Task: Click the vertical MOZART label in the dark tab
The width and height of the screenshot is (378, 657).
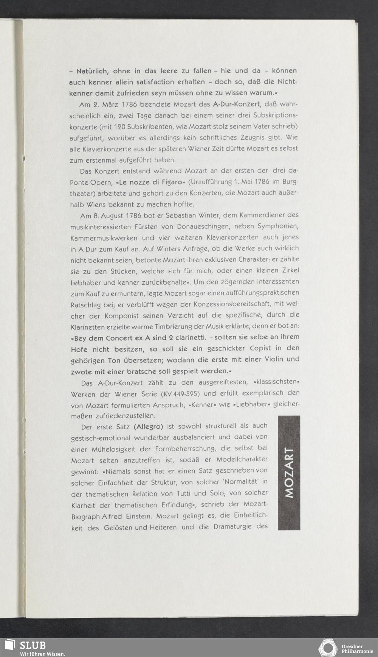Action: (x=289, y=473)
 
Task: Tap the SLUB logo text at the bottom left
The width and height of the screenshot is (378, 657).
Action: (x=33, y=645)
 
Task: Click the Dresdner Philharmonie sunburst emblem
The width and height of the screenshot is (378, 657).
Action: (x=328, y=648)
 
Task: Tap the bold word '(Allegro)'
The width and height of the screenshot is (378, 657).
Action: (x=148, y=427)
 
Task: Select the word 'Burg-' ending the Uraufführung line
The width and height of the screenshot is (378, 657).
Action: (x=290, y=182)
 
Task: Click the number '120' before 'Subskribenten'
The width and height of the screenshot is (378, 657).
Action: (x=119, y=126)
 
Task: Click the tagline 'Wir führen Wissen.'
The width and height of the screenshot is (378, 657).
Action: (x=42, y=654)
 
